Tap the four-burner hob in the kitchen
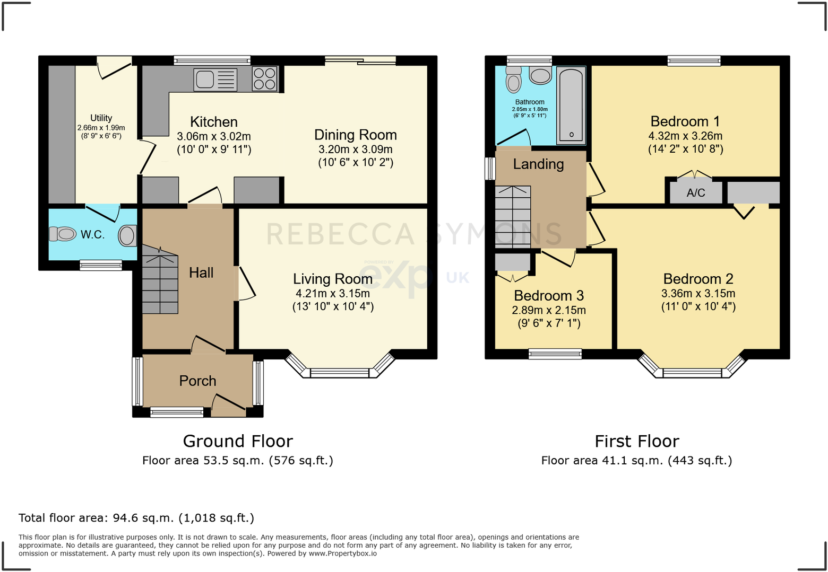pos(264,79)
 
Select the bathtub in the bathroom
pos(571,105)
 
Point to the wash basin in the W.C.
pos(127,236)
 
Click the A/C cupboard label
pos(695,193)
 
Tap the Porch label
pos(197,381)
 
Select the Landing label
pos(538,164)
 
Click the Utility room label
pos(101,118)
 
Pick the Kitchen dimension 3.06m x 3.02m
pos(214,136)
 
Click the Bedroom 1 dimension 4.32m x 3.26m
pos(685,136)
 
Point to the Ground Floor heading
pos(238,441)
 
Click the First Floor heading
pos(636,441)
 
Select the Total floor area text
pos(136,518)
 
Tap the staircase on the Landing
pos(513,217)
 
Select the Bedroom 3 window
pos(555,354)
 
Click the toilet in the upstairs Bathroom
pos(513,80)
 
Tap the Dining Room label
pos(355,135)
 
